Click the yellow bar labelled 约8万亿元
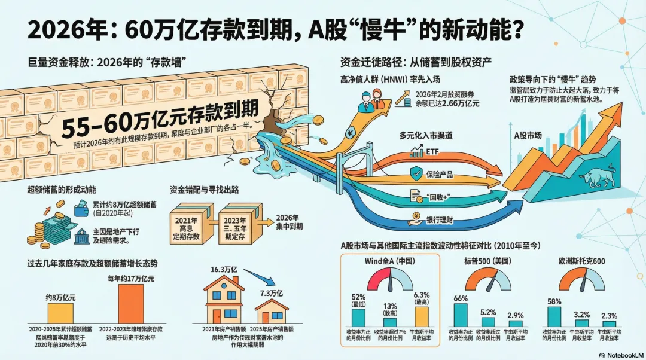[x=60, y=313]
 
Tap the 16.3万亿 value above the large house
[x=224, y=270]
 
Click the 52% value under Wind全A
[x=358, y=298]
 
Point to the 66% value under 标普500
[x=461, y=298]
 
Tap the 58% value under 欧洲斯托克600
[x=554, y=301]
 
